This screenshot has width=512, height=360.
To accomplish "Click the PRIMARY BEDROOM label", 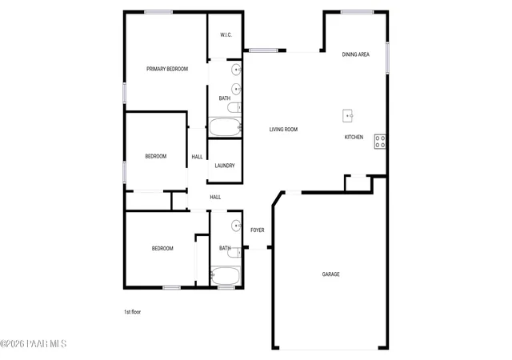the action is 167,69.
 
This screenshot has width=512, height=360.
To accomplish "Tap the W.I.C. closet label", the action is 226,35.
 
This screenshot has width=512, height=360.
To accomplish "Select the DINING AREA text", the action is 355,54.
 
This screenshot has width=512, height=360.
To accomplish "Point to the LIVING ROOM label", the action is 283,130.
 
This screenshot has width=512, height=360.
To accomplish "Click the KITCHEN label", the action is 354,138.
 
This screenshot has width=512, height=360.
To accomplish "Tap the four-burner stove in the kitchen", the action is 380,142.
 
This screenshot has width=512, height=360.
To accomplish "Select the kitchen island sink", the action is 347,116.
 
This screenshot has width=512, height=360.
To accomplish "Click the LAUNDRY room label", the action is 225,166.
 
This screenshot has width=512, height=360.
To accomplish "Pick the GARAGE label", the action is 330,274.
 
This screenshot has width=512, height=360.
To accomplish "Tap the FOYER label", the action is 258,230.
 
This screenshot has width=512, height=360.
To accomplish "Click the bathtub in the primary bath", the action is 225,127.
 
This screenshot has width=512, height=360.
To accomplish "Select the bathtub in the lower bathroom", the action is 226,276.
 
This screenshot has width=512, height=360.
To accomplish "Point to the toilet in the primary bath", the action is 234,107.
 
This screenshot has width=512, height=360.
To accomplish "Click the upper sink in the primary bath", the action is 236,70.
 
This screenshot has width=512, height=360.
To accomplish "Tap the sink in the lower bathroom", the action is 236,226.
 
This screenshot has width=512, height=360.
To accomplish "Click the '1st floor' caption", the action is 132,312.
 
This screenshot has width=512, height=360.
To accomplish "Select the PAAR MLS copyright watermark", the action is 34,344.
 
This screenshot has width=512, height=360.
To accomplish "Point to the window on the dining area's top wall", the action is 357,13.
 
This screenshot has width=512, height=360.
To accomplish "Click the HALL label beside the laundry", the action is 197,157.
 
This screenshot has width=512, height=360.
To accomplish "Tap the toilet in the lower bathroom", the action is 234,252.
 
